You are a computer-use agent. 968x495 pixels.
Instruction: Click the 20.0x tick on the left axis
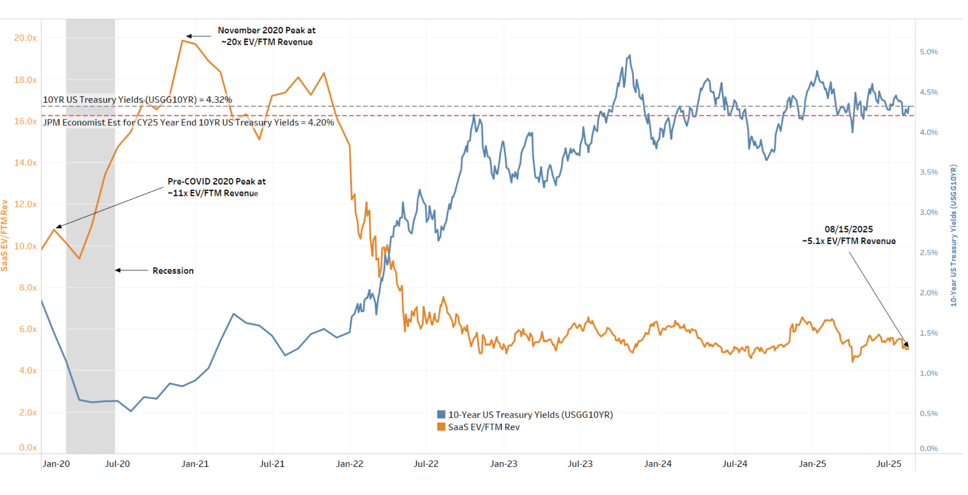pos(25,38)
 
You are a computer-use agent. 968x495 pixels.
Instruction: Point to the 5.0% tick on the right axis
pos(928,52)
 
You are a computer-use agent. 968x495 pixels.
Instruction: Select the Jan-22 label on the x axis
pos(349,464)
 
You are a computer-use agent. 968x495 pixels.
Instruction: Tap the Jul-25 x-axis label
pos(888,464)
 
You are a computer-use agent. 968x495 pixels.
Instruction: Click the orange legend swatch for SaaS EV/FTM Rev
pos(441,427)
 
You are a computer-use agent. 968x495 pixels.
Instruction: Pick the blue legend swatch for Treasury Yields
pos(441,414)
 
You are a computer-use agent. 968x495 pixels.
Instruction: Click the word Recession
pos(173,271)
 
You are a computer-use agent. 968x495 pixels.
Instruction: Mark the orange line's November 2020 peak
pos(183,41)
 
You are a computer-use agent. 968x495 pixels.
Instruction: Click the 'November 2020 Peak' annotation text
pos(266,30)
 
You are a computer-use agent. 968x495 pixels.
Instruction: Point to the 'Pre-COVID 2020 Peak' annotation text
pos(217,182)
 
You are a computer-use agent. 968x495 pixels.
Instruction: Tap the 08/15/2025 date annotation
pos(848,229)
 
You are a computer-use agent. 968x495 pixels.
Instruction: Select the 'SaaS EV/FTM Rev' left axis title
pos(5,235)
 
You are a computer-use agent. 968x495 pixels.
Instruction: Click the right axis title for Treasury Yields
pos(953,235)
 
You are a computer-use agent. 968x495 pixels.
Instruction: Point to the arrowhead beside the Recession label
pos(118,270)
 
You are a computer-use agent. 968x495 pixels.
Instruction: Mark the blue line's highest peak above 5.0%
pos(630,55)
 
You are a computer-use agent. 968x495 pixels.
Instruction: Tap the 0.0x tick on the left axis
pos(28,448)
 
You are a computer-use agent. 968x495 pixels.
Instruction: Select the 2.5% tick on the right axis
pos(928,253)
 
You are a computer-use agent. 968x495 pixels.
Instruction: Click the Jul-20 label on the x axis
pos(117,464)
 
